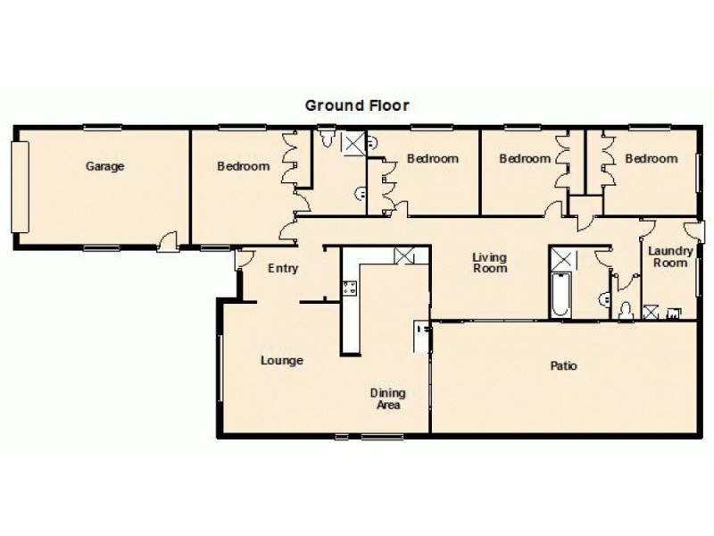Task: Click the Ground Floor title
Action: (x=357, y=105)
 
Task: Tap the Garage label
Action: (x=104, y=166)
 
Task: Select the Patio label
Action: (x=564, y=365)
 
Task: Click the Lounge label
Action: (x=282, y=361)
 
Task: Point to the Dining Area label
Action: (x=388, y=398)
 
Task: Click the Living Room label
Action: (x=490, y=262)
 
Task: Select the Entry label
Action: (x=283, y=268)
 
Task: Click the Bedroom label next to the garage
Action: (x=244, y=166)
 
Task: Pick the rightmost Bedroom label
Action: (x=651, y=159)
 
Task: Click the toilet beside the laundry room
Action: (x=626, y=309)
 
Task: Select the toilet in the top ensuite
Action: (x=328, y=139)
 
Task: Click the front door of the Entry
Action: (x=242, y=260)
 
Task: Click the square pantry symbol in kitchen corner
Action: (x=404, y=255)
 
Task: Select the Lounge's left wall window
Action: (x=220, y=366)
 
